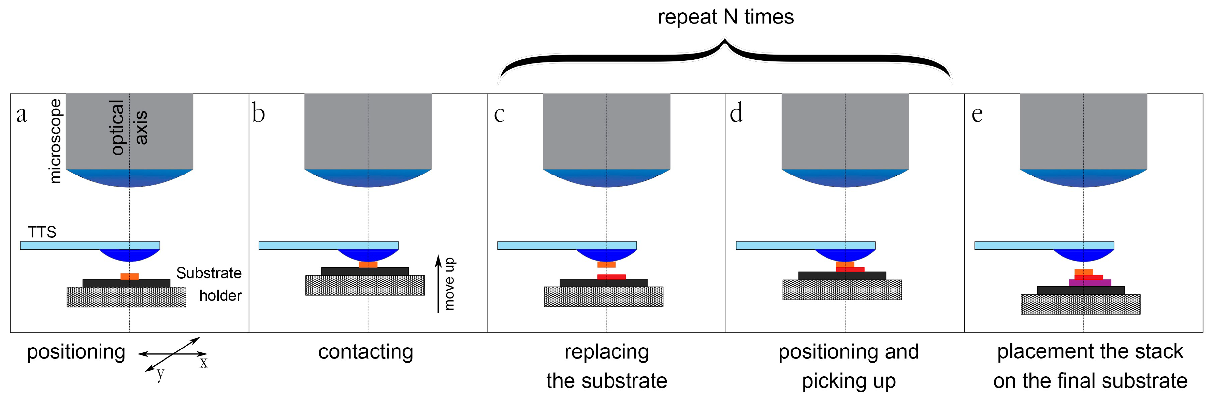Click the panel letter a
21,114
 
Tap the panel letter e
977,114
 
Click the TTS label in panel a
42,232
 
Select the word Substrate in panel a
209,273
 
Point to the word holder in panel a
220,295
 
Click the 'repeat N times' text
725,17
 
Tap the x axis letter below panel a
203,363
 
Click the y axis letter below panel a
160,375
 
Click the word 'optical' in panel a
117,127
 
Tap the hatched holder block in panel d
842,290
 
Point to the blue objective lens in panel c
606,178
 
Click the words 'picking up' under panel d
849,381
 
